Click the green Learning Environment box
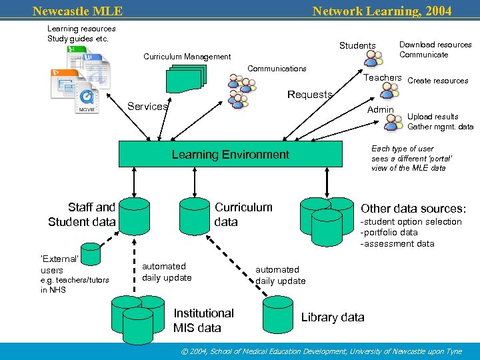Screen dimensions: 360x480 pos(230,154)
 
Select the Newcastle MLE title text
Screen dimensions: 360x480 pos(77,11)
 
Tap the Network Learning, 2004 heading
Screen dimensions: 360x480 pos(381,11)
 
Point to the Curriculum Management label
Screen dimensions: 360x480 pos(187,57)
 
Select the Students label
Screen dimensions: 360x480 pos(357,45)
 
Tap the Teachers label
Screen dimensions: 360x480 pos(382,78)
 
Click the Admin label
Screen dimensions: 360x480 pos(381,109)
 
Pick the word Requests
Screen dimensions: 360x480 pos(309,95)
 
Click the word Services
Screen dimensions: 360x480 pos(147,107)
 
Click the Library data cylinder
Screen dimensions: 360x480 pos(279,315)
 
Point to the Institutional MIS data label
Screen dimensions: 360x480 pos(203,321)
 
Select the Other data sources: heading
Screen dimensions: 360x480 pos(412,208)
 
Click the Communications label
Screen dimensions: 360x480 pos(277,69)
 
